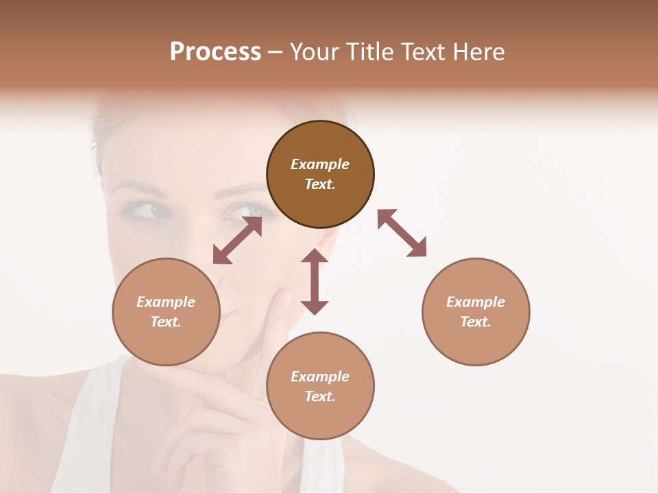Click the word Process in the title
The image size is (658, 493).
point(215,52)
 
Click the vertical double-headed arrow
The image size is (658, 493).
point(315,281)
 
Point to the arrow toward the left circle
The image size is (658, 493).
point(237,241)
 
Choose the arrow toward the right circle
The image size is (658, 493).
point(402,233)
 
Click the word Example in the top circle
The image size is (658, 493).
point(320,164)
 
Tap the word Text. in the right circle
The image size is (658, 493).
point(476,322)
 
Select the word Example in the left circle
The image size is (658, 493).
point(166,302)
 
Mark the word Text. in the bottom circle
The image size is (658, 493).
point(320,396)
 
